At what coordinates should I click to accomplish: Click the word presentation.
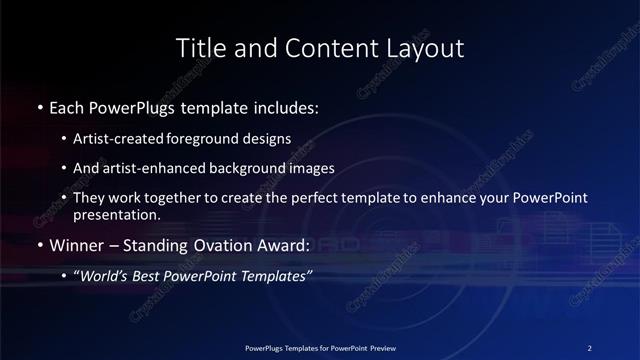pyautogui.click(x=116, y=215)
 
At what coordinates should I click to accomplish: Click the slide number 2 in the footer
pyautogui.click(x=590, y=347)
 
